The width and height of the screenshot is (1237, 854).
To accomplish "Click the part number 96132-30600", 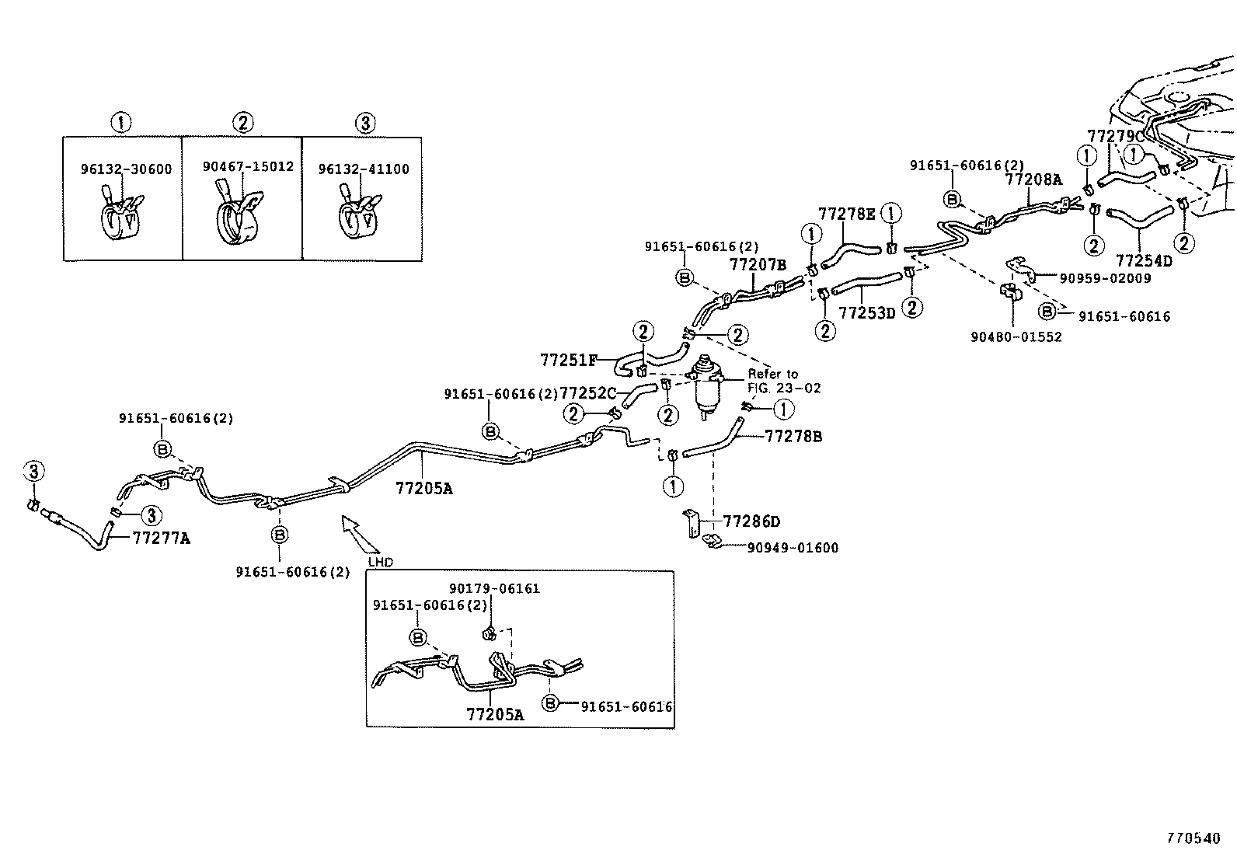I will click(127, 169).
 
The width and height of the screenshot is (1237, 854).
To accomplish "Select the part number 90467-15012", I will click(248, 166).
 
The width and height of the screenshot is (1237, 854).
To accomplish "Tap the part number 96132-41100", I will click(364, 169).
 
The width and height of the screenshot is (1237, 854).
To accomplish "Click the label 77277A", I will click(161, 537).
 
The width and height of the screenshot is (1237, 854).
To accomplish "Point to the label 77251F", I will click(569, 360).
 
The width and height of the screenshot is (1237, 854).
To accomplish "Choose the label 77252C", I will click(588, 393).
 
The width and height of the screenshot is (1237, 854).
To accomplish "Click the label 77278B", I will click(793, 437).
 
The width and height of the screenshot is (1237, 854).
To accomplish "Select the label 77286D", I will click(751, 521).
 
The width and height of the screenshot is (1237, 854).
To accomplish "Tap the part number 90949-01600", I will click(793, 548).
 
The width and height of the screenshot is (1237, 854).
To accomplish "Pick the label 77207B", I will click(758, 265).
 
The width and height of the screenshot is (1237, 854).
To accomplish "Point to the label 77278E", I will click(846, 214).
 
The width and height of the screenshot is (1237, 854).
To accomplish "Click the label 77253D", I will click(867, 313).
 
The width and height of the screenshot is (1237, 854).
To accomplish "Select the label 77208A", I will click(1033, 180).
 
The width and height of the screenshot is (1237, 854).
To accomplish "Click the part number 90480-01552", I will click(1016, 336).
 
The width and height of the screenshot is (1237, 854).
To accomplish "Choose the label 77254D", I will click(1144, 260).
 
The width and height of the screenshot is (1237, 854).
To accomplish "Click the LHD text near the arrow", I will click(381, 561).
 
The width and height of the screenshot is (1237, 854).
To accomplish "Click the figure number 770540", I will click(1193, 838).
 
